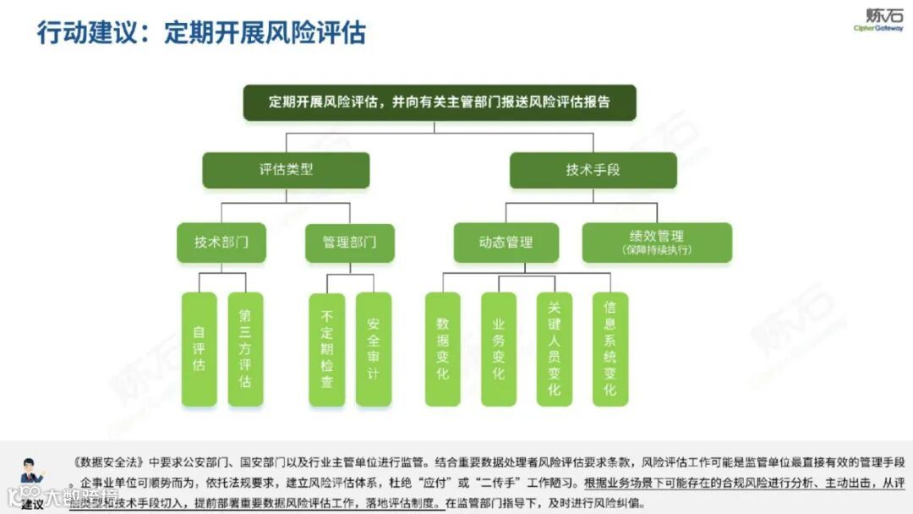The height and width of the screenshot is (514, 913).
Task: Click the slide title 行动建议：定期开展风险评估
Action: point(201,32)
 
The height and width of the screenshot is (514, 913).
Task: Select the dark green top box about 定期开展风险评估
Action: point(439,102)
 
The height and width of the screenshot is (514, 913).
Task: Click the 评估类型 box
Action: point(286,170)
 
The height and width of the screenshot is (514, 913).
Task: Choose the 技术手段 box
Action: point(593,170)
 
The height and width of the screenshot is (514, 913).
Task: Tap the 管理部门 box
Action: point(349,243)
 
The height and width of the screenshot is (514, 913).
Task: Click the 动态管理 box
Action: point(506,243)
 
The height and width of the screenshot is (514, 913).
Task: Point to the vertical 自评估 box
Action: point(200,349)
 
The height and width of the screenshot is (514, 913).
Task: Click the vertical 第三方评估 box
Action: point(245,349)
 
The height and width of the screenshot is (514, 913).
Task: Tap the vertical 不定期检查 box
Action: point(327,349)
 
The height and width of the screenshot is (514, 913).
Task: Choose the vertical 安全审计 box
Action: point(373,349)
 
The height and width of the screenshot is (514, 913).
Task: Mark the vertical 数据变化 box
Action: point(442,349)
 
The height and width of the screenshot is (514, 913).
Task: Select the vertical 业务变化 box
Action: point(498,349)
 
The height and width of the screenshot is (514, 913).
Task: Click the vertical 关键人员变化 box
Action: point(554,349)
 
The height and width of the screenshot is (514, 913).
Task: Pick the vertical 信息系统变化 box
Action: point(610,349)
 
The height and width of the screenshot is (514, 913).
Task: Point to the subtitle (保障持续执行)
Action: point(656,250)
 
